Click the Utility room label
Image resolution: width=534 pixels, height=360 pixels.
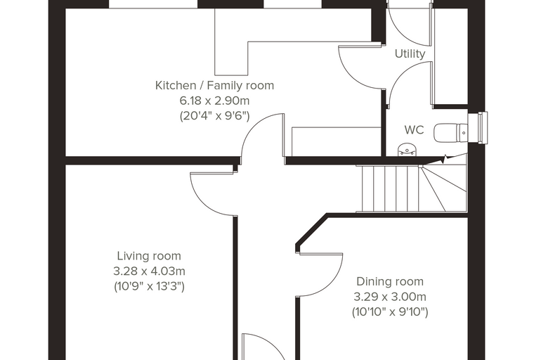click(410, 54)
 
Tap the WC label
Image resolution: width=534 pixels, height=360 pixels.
click(414, 130)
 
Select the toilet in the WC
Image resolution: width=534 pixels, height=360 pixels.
click(450, 133)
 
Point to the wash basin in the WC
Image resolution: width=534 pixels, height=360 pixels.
click(407, 150)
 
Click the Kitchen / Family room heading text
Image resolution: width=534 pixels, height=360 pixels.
click(214, 85)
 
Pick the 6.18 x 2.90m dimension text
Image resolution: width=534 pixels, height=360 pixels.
click(214, 101)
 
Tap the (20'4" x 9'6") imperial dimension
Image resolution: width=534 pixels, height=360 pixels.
click(214, 116)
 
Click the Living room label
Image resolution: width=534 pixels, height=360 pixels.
click(149, 256)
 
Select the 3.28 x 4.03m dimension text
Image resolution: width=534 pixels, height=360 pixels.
click(149, 271)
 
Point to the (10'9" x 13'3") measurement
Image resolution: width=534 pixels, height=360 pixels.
click(149, 287)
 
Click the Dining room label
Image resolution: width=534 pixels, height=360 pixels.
click(390, 281)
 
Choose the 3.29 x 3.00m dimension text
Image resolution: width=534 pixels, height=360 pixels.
click(390, 297)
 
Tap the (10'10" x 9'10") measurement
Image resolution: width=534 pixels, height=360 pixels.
click(390, 312)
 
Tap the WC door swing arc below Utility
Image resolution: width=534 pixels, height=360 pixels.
click(398, 73)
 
